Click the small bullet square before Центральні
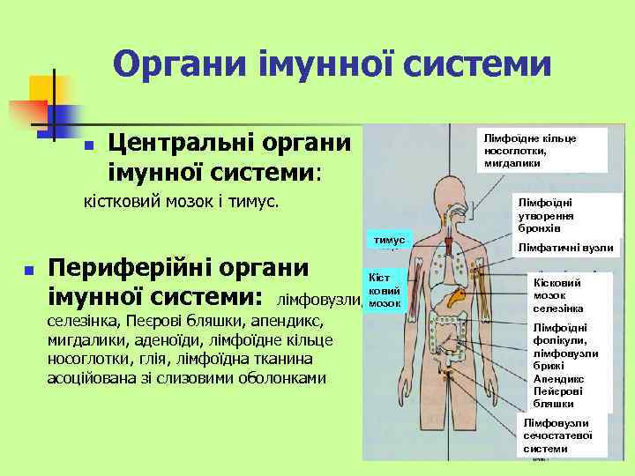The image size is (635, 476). point(86,145)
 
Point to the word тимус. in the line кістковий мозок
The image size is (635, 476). point(257,202)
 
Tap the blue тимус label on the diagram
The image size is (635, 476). point(388,240)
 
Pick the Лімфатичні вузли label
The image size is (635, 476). point(565,249)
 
